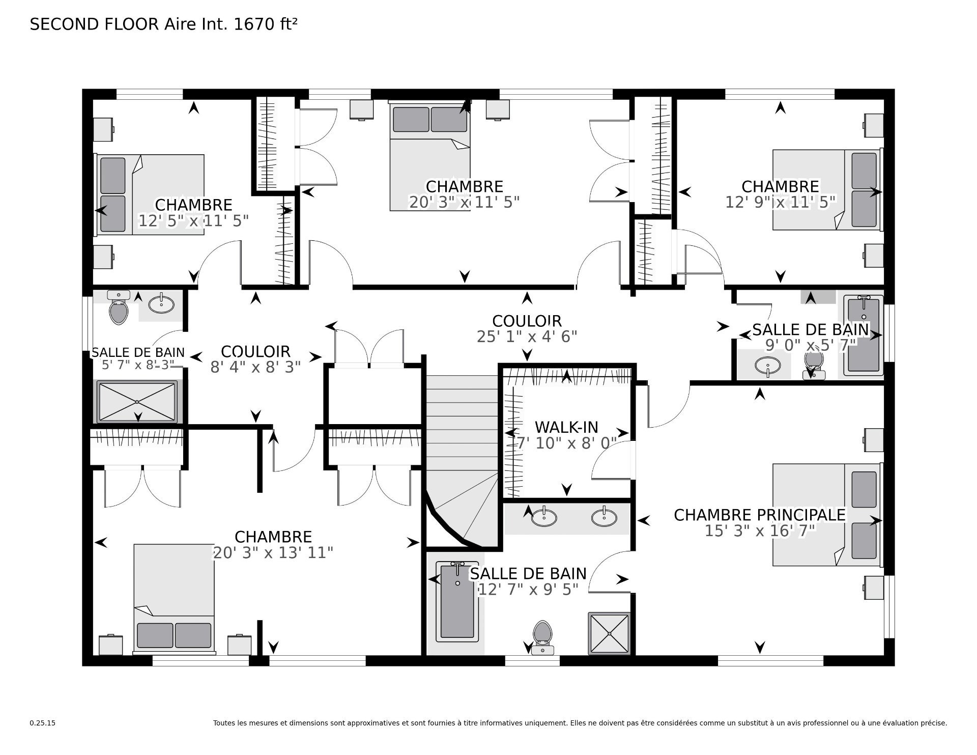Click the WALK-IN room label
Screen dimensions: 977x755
566,427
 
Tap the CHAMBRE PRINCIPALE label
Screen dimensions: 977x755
760,515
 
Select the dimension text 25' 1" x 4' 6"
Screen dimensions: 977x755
527,337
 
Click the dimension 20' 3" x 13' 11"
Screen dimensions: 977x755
273,552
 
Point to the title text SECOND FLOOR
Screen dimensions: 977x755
95,24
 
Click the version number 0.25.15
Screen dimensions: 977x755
42,723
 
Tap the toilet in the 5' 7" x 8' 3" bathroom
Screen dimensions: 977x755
119,307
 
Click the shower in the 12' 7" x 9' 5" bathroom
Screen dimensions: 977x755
609,633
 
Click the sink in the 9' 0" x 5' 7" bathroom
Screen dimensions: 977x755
768,366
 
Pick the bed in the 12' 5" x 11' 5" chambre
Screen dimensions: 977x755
150,195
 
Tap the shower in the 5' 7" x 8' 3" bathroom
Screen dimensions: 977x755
137,402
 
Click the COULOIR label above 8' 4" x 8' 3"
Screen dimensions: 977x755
255,352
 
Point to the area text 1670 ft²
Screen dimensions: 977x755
265,24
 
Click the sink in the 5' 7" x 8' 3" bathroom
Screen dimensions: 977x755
161,304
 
